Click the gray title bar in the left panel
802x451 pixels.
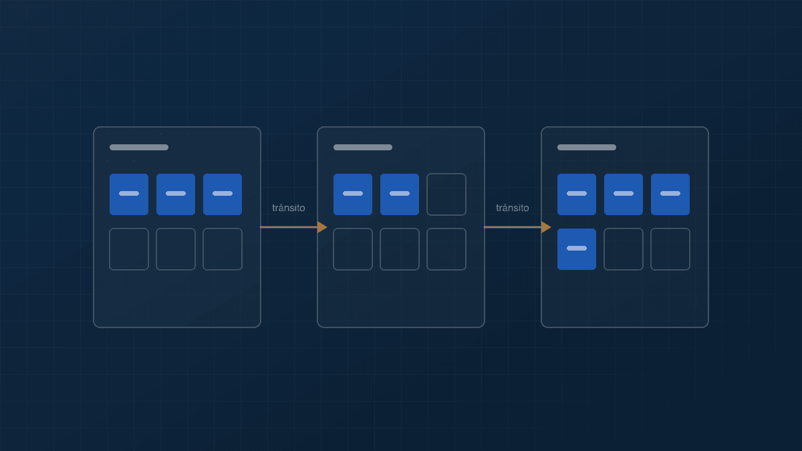point(139,148)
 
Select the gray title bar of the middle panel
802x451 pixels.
point(363,148)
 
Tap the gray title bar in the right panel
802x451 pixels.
point(587,148)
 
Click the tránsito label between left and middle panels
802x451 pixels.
point(289,208)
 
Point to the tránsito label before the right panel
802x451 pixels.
point(513,208)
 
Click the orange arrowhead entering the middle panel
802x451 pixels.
point(322,227)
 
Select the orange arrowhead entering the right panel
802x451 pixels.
point(546,227)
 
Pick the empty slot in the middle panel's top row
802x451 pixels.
point(446,194)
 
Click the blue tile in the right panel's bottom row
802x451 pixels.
point(576,249)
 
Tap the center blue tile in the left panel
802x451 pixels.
point(175,194)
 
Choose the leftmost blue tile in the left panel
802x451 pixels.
point(129,194)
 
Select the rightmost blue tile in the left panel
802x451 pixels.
point(223,194)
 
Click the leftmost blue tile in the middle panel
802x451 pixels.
point(353,194)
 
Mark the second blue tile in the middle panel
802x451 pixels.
point(400,194)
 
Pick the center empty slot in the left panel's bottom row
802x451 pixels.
point(175,249)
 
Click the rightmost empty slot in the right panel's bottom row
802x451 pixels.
point(670,249)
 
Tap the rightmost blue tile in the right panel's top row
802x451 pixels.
point(670,194)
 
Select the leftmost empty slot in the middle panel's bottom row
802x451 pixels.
point(353,249)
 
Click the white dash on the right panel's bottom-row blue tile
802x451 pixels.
point(576,248)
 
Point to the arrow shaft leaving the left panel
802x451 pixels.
point(289,227)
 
